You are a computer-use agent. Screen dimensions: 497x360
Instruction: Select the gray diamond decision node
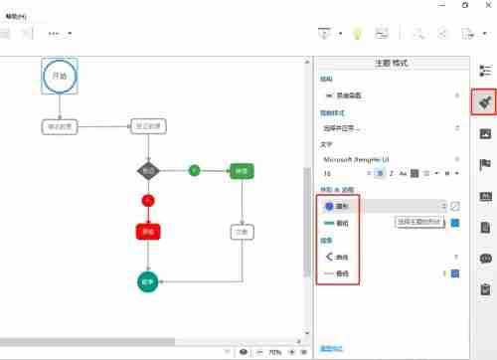pyautogui.click(x=148, y=171)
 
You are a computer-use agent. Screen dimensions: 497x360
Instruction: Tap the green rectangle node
pyautogui.click(x=241, y=171)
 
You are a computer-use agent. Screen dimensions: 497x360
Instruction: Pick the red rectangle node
pyautogui.click(x=148, y=232)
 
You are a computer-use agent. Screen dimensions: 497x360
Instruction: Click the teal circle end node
pyautogui.click(x=148, y=281)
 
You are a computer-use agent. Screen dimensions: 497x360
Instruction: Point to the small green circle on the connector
pyautogui.click(x=194, y=171)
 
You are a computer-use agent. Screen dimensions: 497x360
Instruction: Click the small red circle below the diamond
pyautogui.click(x=148, y=201)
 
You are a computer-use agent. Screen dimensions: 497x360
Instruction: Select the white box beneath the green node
pyautogui.click(x=241, y=232)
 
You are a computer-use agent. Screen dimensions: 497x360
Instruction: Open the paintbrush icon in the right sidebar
pyautogui.click(x=484, y=101)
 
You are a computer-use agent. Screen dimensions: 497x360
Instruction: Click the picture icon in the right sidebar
pyautogui.click(x=484, y=133)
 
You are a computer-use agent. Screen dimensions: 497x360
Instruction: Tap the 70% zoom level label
pyautogui.click(x=274, y=352)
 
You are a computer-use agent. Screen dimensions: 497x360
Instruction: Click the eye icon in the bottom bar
pyautogui.click(x=244, y=352)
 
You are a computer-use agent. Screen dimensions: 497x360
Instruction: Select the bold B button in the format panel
pyautogui.click(x=380, y=173)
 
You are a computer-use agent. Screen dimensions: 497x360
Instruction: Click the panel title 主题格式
pyautogui.click(x=391, y=63)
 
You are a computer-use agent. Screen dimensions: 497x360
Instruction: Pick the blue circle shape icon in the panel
pyautogui.click(x=329, y=206)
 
